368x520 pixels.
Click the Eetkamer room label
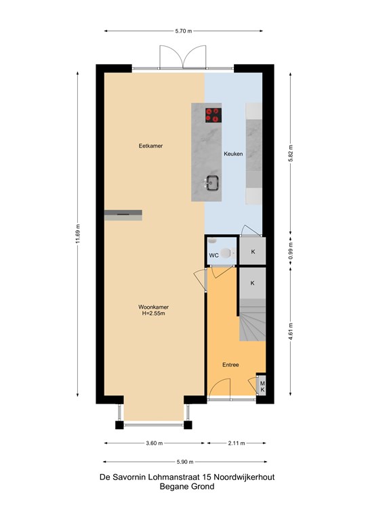[x=150, y=146]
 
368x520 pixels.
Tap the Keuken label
[x=233, y=154]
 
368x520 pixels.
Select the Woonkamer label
[x=153, y=307]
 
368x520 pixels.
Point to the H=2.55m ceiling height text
[x=153, y=313]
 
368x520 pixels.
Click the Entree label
[x=230, y=365]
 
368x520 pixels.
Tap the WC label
[x=213, y=255]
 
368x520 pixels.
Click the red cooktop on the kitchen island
[x=213, y=115]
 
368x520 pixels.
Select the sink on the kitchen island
[x=211, y=183]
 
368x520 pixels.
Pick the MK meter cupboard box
[x=262, y=387]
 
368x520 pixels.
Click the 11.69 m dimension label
[x=78, y=234]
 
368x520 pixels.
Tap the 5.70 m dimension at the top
[x=184, y=31]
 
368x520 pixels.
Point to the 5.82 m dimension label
[x=290, y=154]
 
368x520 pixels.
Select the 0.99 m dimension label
[x=290, y=251]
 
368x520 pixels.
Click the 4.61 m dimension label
[x=290, y=331]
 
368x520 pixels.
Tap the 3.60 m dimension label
[x=155, y=443]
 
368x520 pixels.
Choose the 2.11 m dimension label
[x=237, y=443]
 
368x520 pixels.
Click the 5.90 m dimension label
[x=185, y=462]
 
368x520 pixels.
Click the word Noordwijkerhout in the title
[x=244, y=477]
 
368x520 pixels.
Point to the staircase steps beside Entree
[x=253, y=320]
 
